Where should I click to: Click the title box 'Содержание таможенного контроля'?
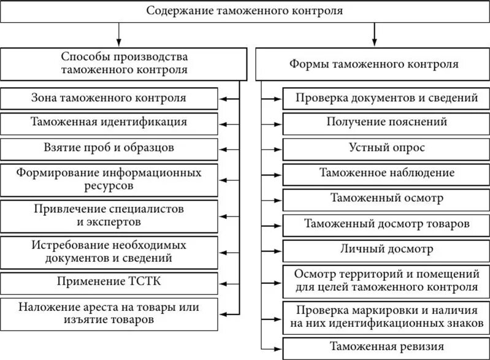pyautogui.click(x=245, y=12)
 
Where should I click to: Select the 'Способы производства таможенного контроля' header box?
pyautogui.click(x=124, y=63)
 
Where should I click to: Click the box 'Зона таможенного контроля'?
pyautogui.click(x=109, y=98)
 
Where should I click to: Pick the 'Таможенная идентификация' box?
pyautogui.click(x=109, y=122)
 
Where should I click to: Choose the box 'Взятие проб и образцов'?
pyautogui.click(x=109, y=148)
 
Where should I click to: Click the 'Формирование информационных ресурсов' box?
pyautogui.click(x=109, y=177)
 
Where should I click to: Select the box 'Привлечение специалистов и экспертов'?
pyautogui.click(x=109, y=215)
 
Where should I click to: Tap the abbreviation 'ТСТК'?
pyautogui.click(x=145, y=282)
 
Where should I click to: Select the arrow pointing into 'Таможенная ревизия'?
pyautogui.click(x=274, y=346)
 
